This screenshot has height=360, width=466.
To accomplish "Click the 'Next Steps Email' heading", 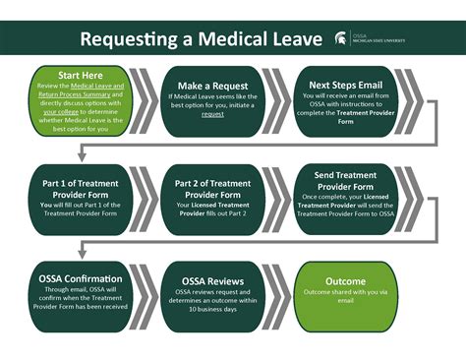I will (x=345, y=86).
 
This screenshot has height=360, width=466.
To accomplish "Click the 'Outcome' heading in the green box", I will (x=345, y=279).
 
